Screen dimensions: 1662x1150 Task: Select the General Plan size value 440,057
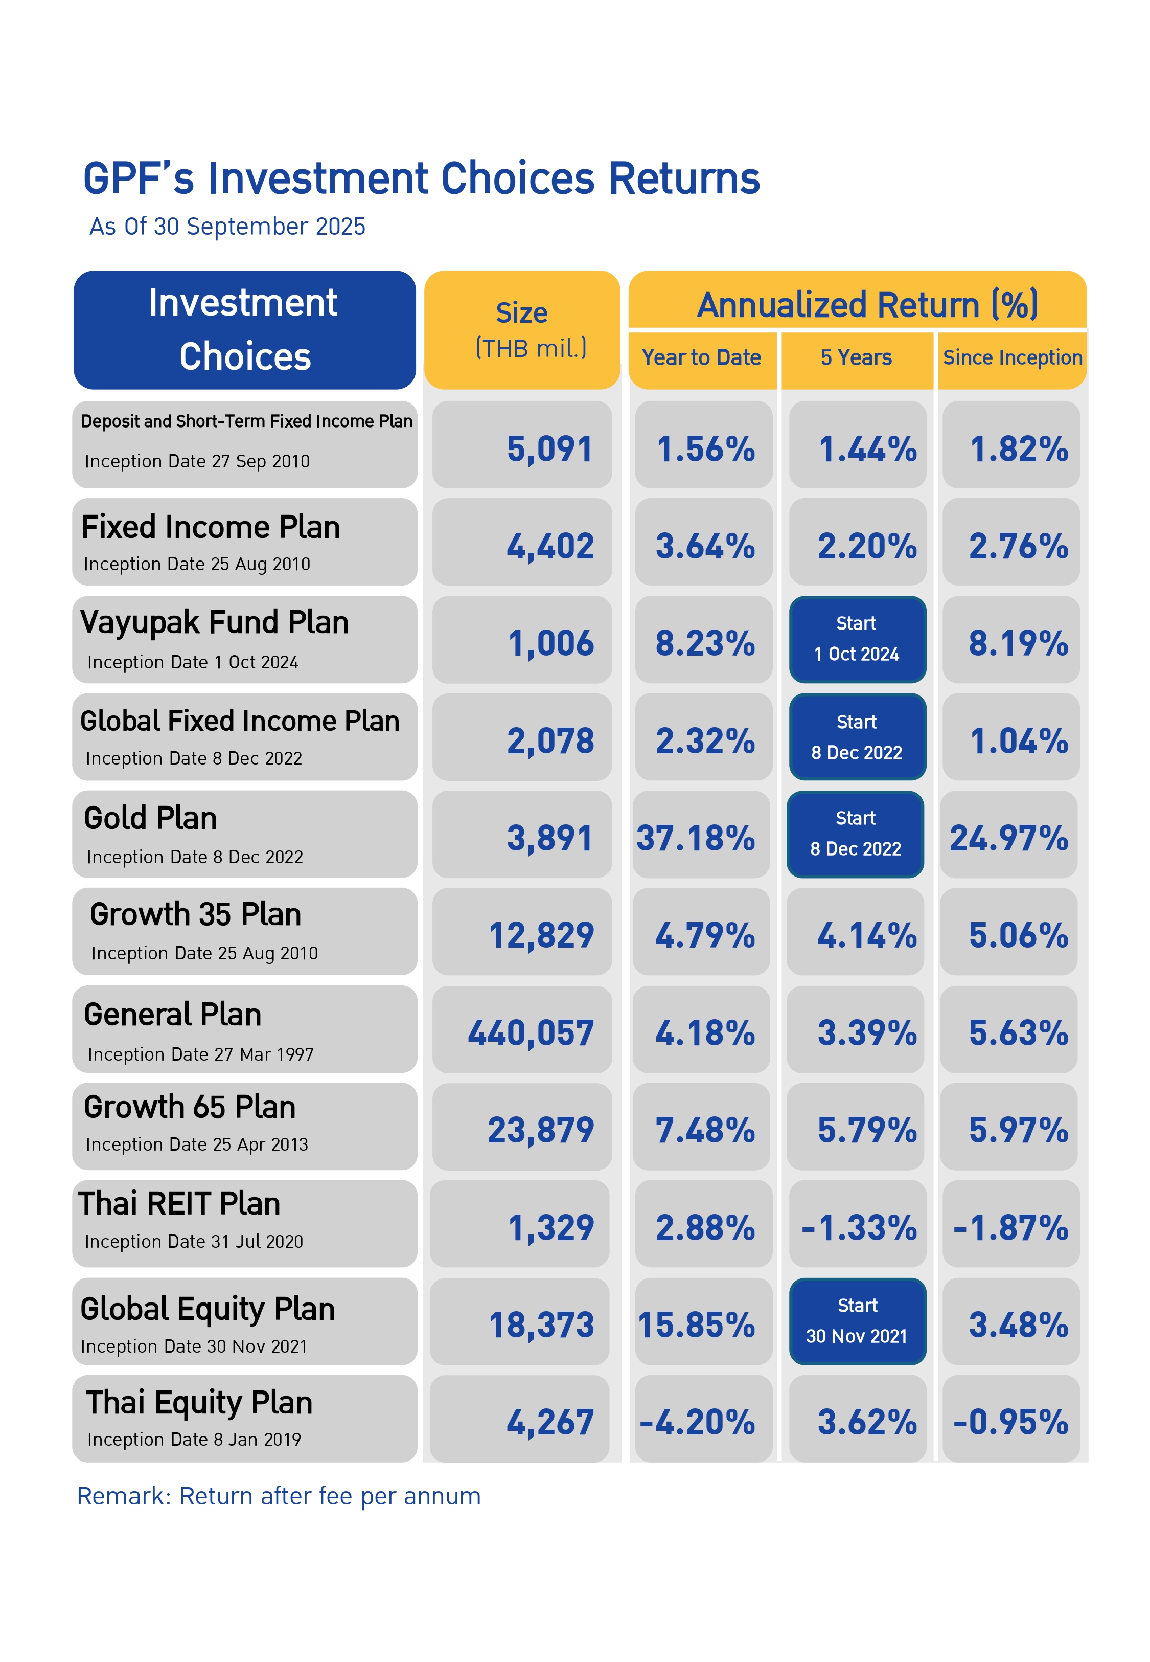pyautogui.click(x=531, y=1033)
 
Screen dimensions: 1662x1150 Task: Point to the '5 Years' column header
pyautogui.click(x=856, y=357)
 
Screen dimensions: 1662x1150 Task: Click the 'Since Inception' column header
pyautogui.click(x=1013, y=357)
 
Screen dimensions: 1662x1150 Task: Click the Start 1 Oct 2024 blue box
pyautogui.click(x=857, y=639)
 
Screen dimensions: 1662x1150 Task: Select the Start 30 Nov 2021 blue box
pyautogui.click(x=857, y=1321)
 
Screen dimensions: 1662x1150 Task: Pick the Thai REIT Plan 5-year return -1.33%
pyautogui.click(x=858, y=1227)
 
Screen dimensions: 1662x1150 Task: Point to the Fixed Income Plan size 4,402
pyautogui.click(x=550, y=546)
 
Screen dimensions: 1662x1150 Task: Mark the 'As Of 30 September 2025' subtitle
pyautogui.click(x=227, y=227)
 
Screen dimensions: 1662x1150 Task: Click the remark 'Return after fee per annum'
pyautogui.click(x=278, y=1496)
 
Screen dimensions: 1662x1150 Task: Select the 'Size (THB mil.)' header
pyautogui.click(x=522, y=330)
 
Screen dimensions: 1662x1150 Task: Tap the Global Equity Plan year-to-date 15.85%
pyautogui.click(x=696, y=1324)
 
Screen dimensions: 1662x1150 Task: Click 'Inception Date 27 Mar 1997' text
pyautogui.click(x=200, y=1054)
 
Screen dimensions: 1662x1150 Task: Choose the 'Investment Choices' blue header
pyautogui.click(x=244, y=329)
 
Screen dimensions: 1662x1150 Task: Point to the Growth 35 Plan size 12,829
pyautogui.click(x=541, y=935)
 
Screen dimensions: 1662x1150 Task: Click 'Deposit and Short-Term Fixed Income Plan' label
pyautogui.click(x=246, y=421)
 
